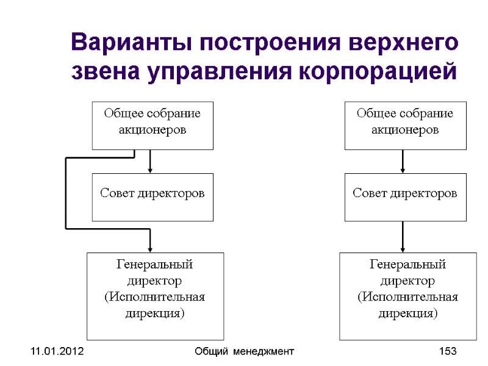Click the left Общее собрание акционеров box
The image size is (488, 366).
pos(152,125)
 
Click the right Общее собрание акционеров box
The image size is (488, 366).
pos(405,125)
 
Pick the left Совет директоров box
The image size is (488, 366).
pos(152,196)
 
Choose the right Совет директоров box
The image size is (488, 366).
pos(405,196)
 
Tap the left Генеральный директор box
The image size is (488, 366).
pos(155,296)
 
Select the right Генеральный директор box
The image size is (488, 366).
pos(407,296)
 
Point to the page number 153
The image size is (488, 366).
pos(448,352)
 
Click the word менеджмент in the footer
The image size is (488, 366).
pos(264,352)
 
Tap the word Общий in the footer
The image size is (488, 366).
pos(210,352)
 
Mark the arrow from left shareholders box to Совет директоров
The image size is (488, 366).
pos(150,162)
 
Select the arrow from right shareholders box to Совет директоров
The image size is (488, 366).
pos(403,162)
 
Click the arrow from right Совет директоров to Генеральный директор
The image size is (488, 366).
pos(403,237)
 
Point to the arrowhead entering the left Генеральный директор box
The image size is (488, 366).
pos(150,247)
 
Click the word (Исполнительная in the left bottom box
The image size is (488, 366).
pos(155,297)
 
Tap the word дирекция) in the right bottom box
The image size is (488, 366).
pos(407,314)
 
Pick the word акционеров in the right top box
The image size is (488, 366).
pos(405,130)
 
